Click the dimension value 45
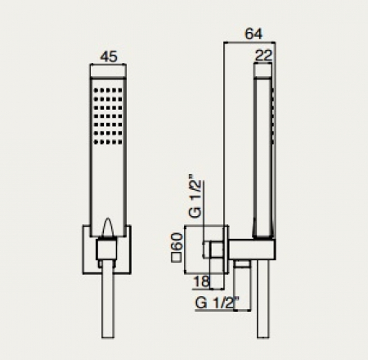[x=109, y=56]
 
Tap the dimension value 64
[x=254, y=34]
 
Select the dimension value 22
[x=263, y=56]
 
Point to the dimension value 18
[x=201, y=281]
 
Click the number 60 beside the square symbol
[x=177, y=241]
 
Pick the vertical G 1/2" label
[x=195, y=196]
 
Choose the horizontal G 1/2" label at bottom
[x=217, y=303]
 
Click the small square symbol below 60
[x=177, y=257]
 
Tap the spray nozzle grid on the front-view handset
[x=108, y=116]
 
